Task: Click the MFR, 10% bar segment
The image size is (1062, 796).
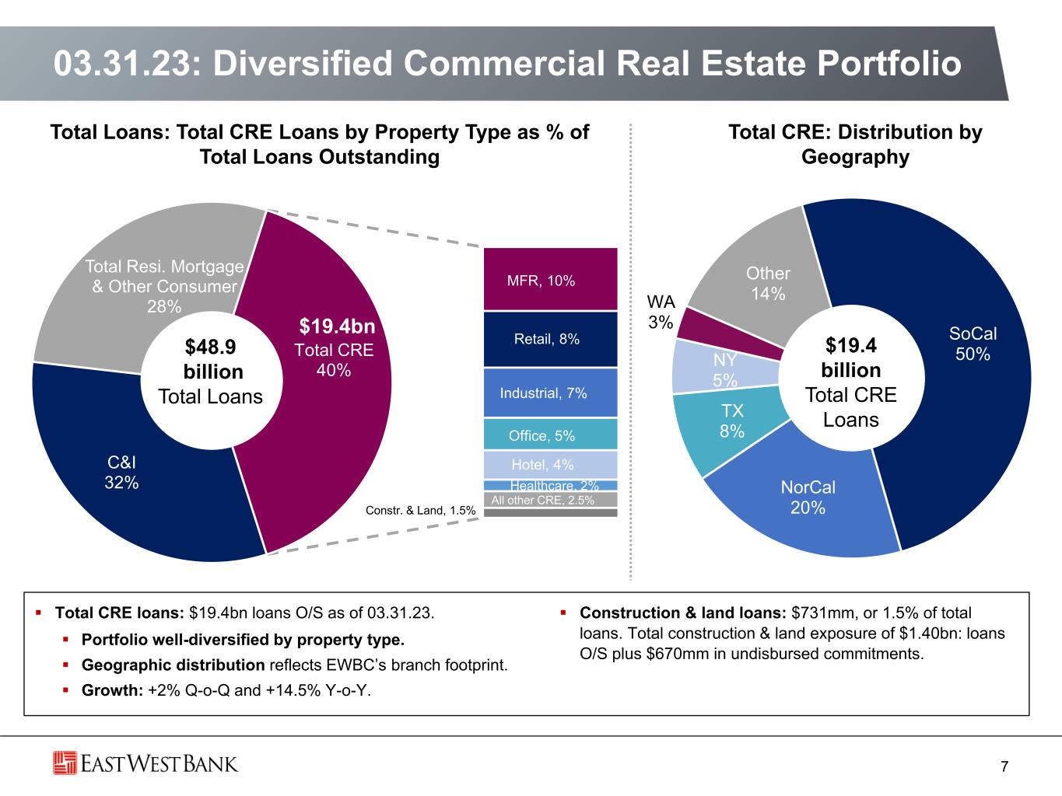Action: pyautogui.click(x=550, y=280)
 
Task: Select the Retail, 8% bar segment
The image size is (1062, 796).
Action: pyautogui.click(x=550, y=339)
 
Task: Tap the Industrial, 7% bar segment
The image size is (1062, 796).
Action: pyautogui.click(x=550, y=393)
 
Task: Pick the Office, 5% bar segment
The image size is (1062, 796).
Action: pyautogui.click(x=550, y=435)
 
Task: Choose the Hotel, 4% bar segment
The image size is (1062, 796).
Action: pyautogui.click(x=550, y=465)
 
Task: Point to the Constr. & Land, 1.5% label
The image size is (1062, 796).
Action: pyautogui.click(x=420, y=511)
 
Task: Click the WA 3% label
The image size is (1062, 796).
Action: pyautogui.click(x=661, y=312)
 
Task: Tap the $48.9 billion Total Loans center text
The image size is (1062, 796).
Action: pyautogui.click(x=210, y=372)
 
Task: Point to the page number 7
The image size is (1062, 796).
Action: pyautogui.click(x=1004, y=767)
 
